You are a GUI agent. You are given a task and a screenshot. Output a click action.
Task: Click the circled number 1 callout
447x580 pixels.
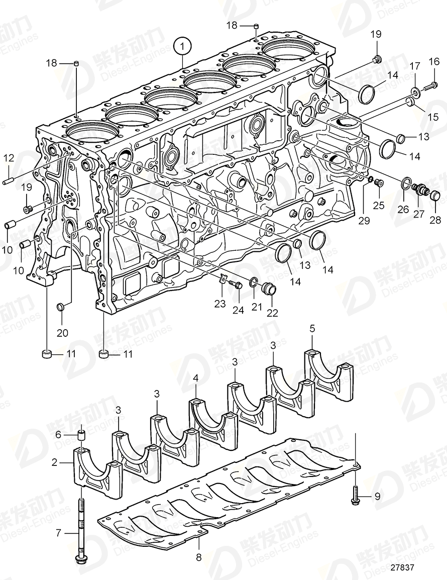(183, 47)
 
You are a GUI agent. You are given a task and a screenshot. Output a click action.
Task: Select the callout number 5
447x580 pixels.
(312, 329)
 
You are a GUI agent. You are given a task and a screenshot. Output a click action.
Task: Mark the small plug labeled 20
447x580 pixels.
(60, 306)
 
